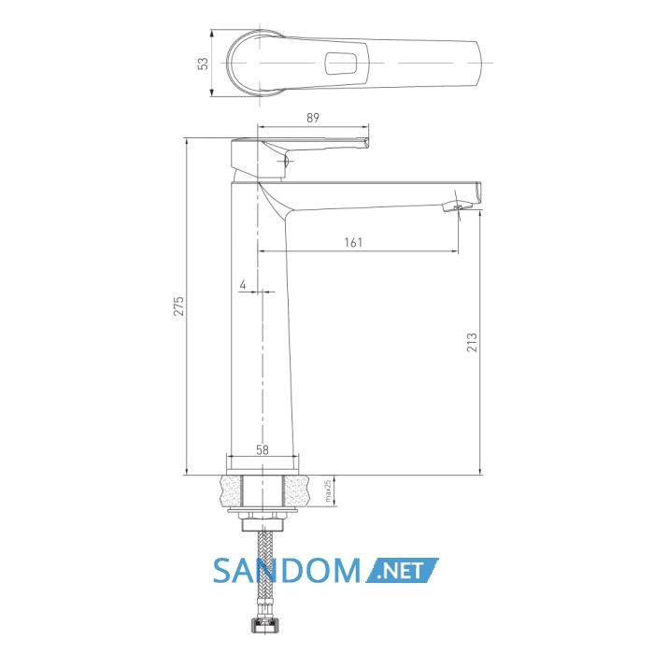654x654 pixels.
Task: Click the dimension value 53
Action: [x=203, y=64]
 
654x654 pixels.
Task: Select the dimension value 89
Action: [x=313, y=118]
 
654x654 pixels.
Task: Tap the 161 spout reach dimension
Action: [x=353, y=242]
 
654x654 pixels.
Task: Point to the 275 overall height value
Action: [x=178, y=306]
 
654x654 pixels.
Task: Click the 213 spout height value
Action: [x=472, y=343]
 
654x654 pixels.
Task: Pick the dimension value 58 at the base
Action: [x=263, y=450]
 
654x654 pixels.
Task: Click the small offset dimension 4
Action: [x=243, y=285]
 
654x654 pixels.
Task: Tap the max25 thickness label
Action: [x=328, y=490]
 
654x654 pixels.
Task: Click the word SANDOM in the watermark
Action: [x=287, y=570]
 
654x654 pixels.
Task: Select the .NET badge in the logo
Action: [x=402, y=570]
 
